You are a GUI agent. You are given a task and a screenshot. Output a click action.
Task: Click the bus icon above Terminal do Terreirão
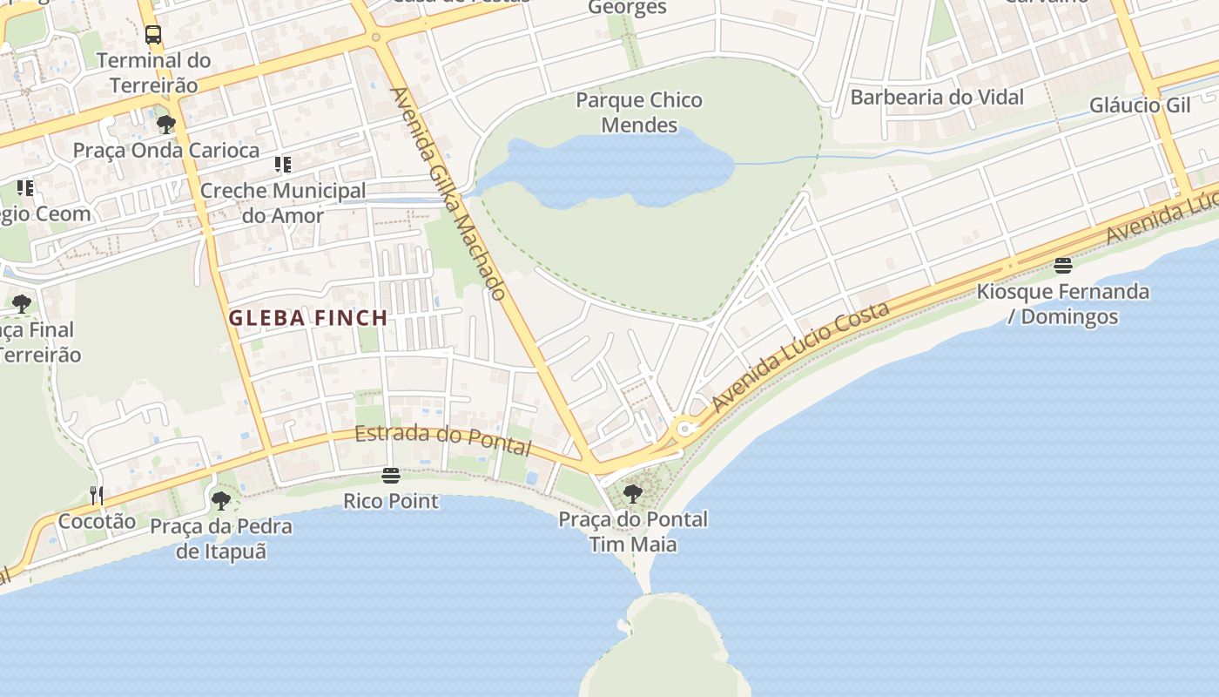(x=153, y=35)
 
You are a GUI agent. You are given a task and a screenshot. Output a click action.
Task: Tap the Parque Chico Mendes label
(x=639, y=112)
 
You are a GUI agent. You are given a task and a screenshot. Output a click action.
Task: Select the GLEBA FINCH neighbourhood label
(x=308, y=318)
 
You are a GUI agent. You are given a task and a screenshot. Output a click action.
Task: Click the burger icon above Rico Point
(x=391, y=476)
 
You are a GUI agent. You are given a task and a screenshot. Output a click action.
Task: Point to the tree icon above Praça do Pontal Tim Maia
(x=633, y=494)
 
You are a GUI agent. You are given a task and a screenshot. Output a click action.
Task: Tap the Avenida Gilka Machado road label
(x=448, y=193)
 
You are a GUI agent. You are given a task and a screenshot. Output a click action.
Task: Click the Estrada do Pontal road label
(x=443, y=439)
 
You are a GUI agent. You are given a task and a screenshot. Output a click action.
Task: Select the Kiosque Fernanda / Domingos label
(x=1062, y=303)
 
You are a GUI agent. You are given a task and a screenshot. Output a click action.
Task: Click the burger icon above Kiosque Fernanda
(x=1062, y=265)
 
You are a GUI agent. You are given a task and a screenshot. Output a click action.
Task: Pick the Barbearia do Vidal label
(x=937, y=97)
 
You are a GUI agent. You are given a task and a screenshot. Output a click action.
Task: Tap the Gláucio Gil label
(x=1140, y=105)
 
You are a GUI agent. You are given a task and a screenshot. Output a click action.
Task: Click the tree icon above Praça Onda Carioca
(x=165, y=125)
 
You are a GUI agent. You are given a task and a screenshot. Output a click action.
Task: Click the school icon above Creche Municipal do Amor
(x=282, y=164)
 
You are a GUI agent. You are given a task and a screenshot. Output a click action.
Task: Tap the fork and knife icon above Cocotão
(x=97, y=496)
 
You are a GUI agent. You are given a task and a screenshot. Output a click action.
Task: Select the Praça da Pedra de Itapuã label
(x=221, y=538)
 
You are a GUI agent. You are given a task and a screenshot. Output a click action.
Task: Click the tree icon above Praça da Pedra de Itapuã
(x=221, y=501)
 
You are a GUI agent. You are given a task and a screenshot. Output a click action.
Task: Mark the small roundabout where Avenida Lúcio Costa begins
(x=685, y=429)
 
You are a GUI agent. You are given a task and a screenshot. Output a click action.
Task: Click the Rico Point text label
(x=391, y=501)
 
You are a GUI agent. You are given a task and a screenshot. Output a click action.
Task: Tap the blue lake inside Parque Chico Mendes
(x=609, y=170)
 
